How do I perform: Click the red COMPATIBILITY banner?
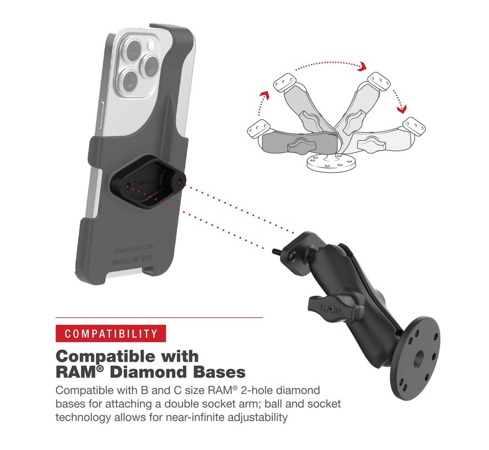click(110, 333)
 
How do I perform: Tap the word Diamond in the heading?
click(147, 372)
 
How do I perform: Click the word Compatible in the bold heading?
click(107, 356)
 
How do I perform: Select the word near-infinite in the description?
click(195, 417)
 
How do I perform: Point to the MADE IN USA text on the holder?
click(132, 260)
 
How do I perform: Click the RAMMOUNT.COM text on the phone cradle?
click(133, 249)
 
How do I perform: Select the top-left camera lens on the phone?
click(133, 49)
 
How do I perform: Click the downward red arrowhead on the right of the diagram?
click(402, 109)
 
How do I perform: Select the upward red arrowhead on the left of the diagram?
click(265, 95)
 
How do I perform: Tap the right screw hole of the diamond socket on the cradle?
click(180, 182)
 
